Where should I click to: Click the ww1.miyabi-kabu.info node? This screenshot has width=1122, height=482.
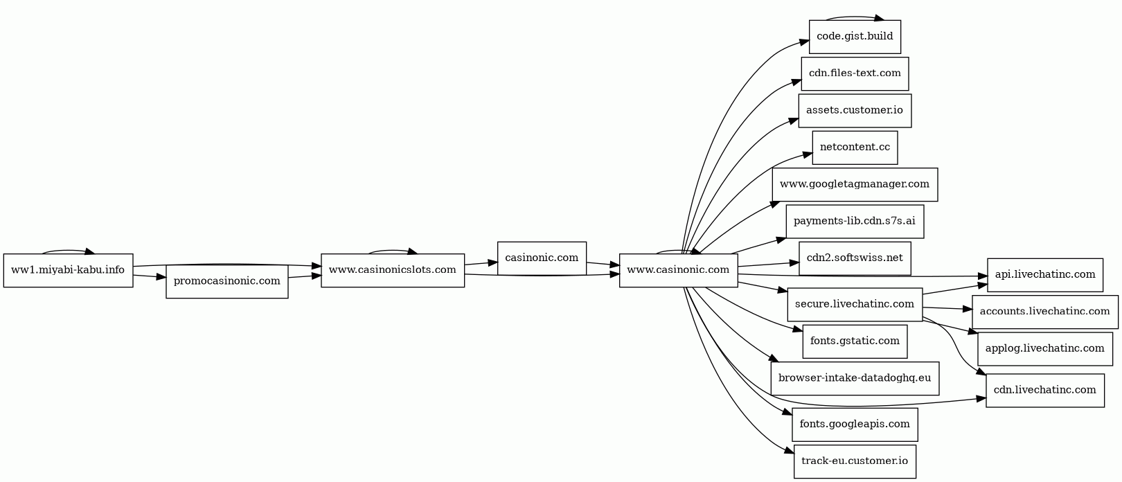(68, 270)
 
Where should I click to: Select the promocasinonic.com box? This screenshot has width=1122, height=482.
(226, 281)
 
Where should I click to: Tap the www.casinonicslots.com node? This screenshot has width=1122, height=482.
(392, 270)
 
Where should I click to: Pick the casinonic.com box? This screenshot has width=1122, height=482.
(542, 258)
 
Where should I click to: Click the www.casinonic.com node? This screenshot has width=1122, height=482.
(678, 270)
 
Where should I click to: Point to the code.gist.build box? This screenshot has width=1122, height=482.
(855, 37)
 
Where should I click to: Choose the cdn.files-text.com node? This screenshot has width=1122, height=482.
(855, 73)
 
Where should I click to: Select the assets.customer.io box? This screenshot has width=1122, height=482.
(855, 111)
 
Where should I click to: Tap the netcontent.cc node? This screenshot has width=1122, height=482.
(855, 148)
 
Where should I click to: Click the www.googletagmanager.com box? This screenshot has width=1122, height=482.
(855, 185)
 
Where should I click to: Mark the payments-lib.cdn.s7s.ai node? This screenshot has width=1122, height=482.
(855, 222)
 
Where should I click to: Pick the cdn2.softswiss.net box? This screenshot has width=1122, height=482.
(855, 258)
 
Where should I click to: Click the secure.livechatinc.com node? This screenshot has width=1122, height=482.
(855, 305)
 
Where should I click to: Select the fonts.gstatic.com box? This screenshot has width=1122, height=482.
(855, 341)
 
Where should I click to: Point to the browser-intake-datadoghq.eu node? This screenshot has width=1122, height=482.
(855, 378)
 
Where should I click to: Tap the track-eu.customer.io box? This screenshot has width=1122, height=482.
(855, 461)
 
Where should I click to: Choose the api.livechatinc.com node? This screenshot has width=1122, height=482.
(1044, 275)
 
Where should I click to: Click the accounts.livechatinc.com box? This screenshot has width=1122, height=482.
(1044, 312)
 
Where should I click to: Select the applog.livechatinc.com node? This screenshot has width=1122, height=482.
(1044, 348)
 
